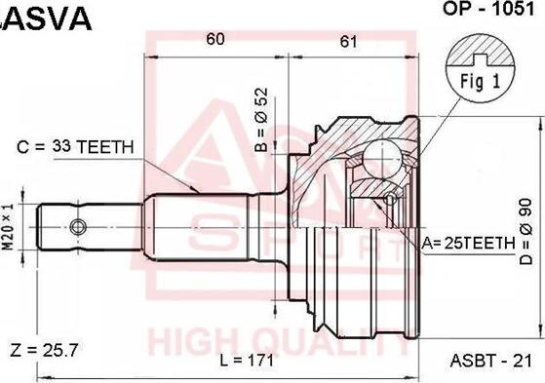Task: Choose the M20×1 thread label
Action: click(10, 227)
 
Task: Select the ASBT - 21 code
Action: click(491, 361)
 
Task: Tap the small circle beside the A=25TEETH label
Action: click(391, 200)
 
